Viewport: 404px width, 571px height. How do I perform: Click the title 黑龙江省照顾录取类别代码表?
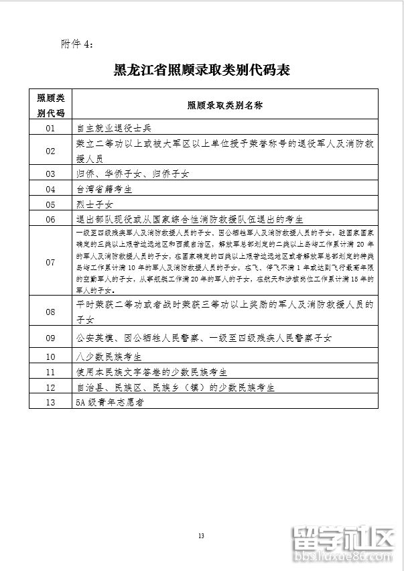tap(201, 70)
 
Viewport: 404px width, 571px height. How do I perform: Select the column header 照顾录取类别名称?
tap(224, 105)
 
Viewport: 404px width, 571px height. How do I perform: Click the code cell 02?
tap(51, 151)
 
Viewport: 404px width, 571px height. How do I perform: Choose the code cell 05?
tap(51, 204)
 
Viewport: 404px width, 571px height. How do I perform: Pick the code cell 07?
tap(51, 262)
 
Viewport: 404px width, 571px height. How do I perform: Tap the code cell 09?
tap(51, 338)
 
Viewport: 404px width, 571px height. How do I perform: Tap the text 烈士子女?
tap(95, 204)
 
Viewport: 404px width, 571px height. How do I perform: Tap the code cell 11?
tap(51, 371)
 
